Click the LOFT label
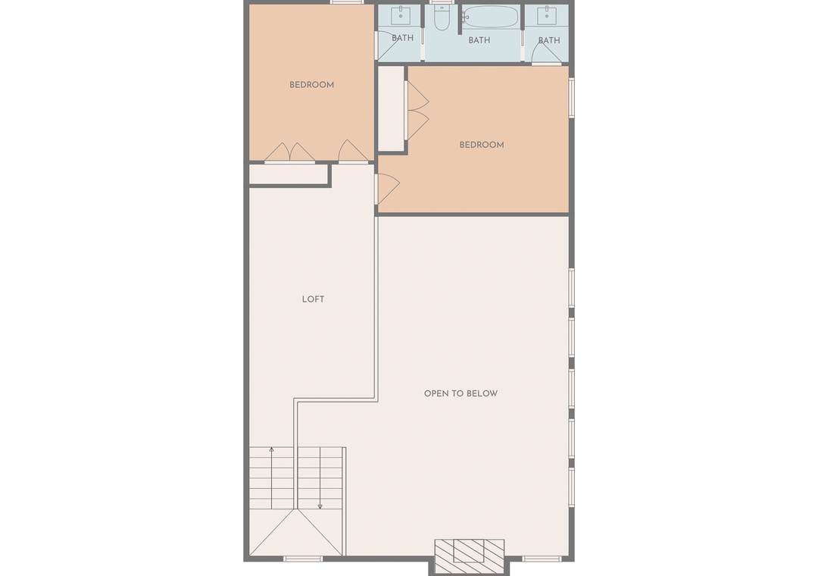(x=313, y=299)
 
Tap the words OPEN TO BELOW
(x=461, y=394)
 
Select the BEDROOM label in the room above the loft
(x=311, y=85)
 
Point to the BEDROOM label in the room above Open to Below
(x=482, y=146)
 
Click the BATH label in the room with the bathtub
(x=479, y=40)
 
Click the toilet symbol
(x=442, y=18)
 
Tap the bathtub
(x=490, y=17)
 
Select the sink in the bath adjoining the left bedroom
(x=401, y=16)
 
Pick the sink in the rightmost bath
(x=548, y=16)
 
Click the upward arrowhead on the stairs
(x=271, y=449)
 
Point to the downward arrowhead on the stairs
(x=320, y=506)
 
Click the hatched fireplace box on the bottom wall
(x=470, y=556)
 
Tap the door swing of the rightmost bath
(x=545, y=53)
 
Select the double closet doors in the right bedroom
(x=417, y=111)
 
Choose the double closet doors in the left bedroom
(x=289, y=152)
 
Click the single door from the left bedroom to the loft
(x=353, y=152)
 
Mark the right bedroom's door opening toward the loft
(x=388, y=189)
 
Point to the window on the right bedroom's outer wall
(x=572, y=97)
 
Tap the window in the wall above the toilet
(x=442, y=2)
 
